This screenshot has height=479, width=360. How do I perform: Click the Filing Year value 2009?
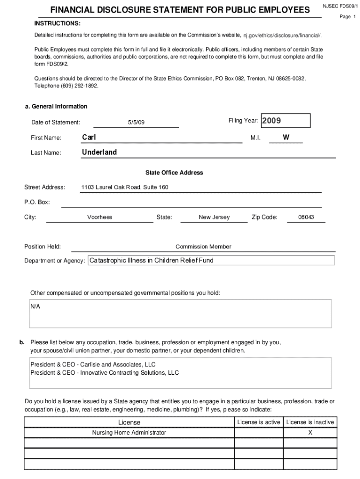coord(271,121)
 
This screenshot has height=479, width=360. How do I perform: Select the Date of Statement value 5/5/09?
coord(136,123)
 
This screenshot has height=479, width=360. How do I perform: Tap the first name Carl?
coord(89,138)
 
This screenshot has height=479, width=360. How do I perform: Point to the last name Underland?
coord(99,152)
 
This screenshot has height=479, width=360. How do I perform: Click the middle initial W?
coord(286,138)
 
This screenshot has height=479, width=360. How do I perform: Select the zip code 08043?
coord(306,218)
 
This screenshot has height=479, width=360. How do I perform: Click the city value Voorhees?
coord(100,218)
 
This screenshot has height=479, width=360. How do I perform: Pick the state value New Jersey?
coord(214,218)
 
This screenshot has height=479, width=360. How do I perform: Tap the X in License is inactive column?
coord(310,433)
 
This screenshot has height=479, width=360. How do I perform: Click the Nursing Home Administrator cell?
coord(129,433)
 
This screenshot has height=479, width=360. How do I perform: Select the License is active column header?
coord(259,422)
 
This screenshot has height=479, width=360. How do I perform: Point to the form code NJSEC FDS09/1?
coord(340,7)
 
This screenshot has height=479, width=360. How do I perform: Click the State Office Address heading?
coord(174,173)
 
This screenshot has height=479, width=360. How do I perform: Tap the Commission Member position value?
coord(203,247)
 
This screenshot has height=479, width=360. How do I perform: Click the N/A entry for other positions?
coord(36,306)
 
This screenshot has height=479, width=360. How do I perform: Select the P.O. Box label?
coord(37,203)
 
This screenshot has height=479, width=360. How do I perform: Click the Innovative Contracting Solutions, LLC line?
coord(105,373)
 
